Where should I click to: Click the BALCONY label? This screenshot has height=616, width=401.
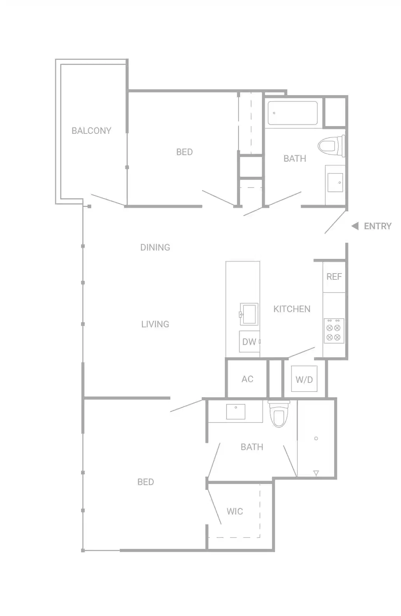[91, 131]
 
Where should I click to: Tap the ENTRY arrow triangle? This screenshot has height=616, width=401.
[355, 226]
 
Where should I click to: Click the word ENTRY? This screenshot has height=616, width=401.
[377, 226]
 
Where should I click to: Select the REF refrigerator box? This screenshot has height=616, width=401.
[334, 277]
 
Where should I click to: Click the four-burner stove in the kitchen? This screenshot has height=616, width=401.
[333, 331]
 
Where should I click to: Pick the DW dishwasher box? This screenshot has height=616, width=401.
[249, 342]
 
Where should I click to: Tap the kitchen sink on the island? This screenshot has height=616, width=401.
[249, 314]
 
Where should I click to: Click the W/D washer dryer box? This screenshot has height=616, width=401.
[304, 379]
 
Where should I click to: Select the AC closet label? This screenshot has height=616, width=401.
[247, 379]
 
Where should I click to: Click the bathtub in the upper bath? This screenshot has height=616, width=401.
[293, 113]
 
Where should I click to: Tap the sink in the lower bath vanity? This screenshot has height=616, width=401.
[235, 412]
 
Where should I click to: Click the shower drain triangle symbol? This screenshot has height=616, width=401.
[316, 473]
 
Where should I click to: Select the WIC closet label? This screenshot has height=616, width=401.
[235, 511]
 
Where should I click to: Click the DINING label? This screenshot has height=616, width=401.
[155, 247]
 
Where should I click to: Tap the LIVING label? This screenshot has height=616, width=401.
[155, 324]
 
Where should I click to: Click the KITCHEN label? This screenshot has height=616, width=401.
[292, 309]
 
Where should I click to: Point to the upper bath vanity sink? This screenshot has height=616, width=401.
[335, 183]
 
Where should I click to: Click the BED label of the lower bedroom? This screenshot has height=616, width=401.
[146, 482]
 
